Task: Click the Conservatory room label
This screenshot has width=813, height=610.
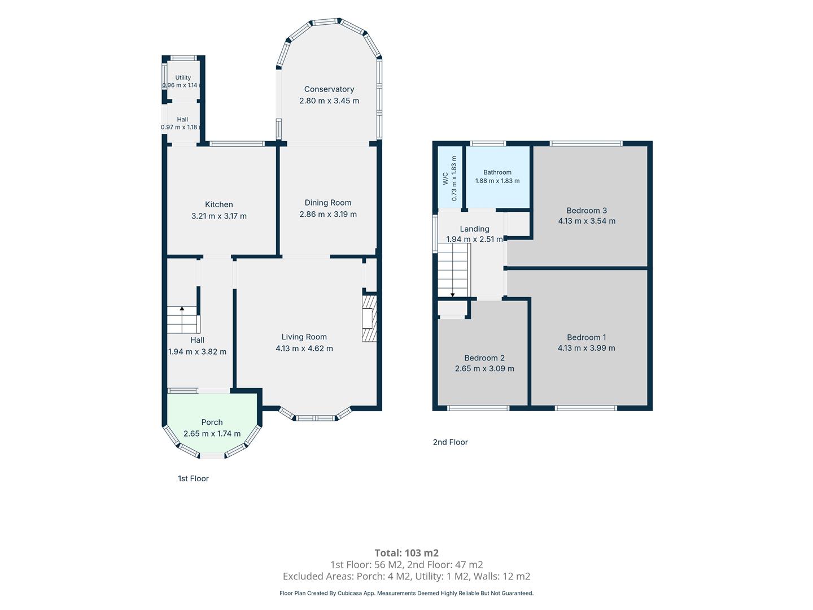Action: (x=329, y=89)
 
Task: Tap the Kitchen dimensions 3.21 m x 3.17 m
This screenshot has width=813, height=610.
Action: (x=219, y=216)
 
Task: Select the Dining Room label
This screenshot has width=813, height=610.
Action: (x=328, y=203)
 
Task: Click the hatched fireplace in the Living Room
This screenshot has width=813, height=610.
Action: (x=369, y=318)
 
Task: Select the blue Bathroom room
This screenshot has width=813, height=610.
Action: (x=497, y=177)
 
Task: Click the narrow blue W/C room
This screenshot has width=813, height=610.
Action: (x=449, y=177)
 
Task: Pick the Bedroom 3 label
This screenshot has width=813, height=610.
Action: (x=587, y=210)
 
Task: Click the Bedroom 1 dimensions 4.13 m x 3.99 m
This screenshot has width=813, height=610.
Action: (x=587, y=348)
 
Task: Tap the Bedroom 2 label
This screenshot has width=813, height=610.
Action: (x=484, y=358)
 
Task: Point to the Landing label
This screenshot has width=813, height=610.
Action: (x=474, y=229)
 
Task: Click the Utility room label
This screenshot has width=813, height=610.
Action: (x=183, y=77)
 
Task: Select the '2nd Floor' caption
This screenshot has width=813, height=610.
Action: (x=451, y=442)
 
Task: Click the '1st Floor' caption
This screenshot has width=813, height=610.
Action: (x=193, y=478)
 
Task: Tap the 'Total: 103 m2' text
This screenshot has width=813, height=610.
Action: (x=406, y=553)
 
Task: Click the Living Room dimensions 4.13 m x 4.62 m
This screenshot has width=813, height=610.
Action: (x=304, y=348)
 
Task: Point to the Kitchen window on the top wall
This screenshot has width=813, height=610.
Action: (x=237, y=143)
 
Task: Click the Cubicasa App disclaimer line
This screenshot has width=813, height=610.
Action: (x=406, y=593)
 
